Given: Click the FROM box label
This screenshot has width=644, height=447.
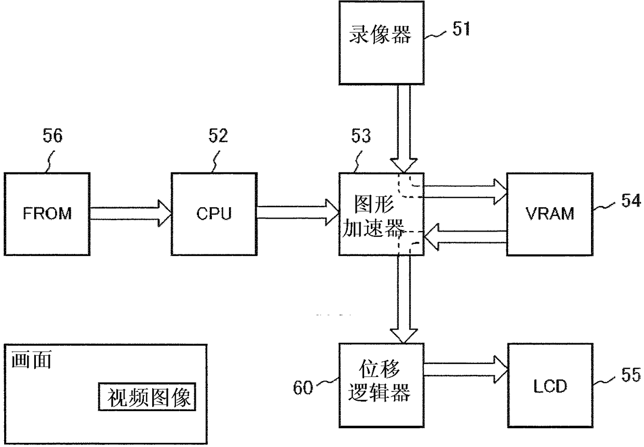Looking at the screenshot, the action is [47, 213].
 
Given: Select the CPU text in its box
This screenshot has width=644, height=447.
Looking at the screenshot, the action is [214, 213].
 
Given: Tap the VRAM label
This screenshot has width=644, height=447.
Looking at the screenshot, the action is [549, 213].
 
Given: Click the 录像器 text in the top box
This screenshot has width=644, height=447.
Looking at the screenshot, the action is [380, 34].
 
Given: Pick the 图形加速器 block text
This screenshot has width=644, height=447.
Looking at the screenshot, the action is [374, 216].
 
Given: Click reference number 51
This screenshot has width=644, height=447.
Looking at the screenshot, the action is [461, 29].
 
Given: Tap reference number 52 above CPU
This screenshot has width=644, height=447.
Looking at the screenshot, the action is [218, 136].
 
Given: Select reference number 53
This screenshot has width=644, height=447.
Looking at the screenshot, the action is [361, 136].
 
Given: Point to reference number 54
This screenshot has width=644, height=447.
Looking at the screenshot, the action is [631, 200].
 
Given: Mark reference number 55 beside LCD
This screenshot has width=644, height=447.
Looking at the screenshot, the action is [631, 374].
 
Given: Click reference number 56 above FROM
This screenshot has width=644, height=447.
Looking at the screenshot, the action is [52, 136].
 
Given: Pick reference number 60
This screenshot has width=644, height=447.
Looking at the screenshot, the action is [303, 387].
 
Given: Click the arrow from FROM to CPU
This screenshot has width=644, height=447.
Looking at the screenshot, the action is [131, 213].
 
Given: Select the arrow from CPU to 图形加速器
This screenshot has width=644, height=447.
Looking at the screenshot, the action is [298, 213].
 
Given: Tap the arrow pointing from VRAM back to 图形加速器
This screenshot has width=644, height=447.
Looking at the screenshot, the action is [465, 237].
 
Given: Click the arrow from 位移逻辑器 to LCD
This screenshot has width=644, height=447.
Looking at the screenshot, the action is [466, 370].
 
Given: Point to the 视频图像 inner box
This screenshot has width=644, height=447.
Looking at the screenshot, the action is [147, 397].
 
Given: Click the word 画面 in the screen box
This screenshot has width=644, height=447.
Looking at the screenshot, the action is [32, 360].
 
